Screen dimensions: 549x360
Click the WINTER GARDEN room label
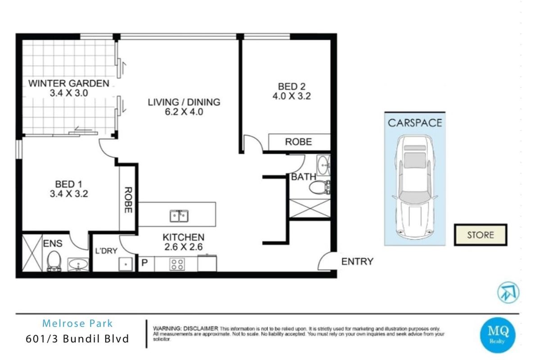click(x=68, y=84)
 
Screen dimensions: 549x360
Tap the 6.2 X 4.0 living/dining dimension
click(x=184, y=112)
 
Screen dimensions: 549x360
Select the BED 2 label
click(x=292, y=86)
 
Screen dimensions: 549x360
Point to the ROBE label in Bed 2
click(x=299, y=142)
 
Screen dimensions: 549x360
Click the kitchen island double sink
click(x=179, y=216)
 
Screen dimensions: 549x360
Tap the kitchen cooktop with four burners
click(x=177, y=265)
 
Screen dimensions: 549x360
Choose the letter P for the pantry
click(x=145, y=263)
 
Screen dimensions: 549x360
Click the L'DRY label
click(x=106, y=251)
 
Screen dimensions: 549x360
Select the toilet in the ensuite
click(x=54, y=261)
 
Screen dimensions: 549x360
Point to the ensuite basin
click(x=78, y=264)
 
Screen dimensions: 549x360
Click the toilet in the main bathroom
click(x=320, y=188)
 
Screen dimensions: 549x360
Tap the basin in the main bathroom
click(x=323, y=165)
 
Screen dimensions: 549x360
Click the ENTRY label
click(x=357, y=261)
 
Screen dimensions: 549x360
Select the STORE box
click(x=481, y=235)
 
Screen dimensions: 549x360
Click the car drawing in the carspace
click(x=415, y=187)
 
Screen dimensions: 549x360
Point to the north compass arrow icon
click(x=508, y=292)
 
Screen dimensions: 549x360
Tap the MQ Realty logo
click(x=498, y=335)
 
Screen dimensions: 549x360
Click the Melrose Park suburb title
click(x=77, y=324)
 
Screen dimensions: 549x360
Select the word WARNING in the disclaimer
click(x=167, y=328)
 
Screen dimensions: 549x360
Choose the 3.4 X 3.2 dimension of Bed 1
click(x=69, y=194)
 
